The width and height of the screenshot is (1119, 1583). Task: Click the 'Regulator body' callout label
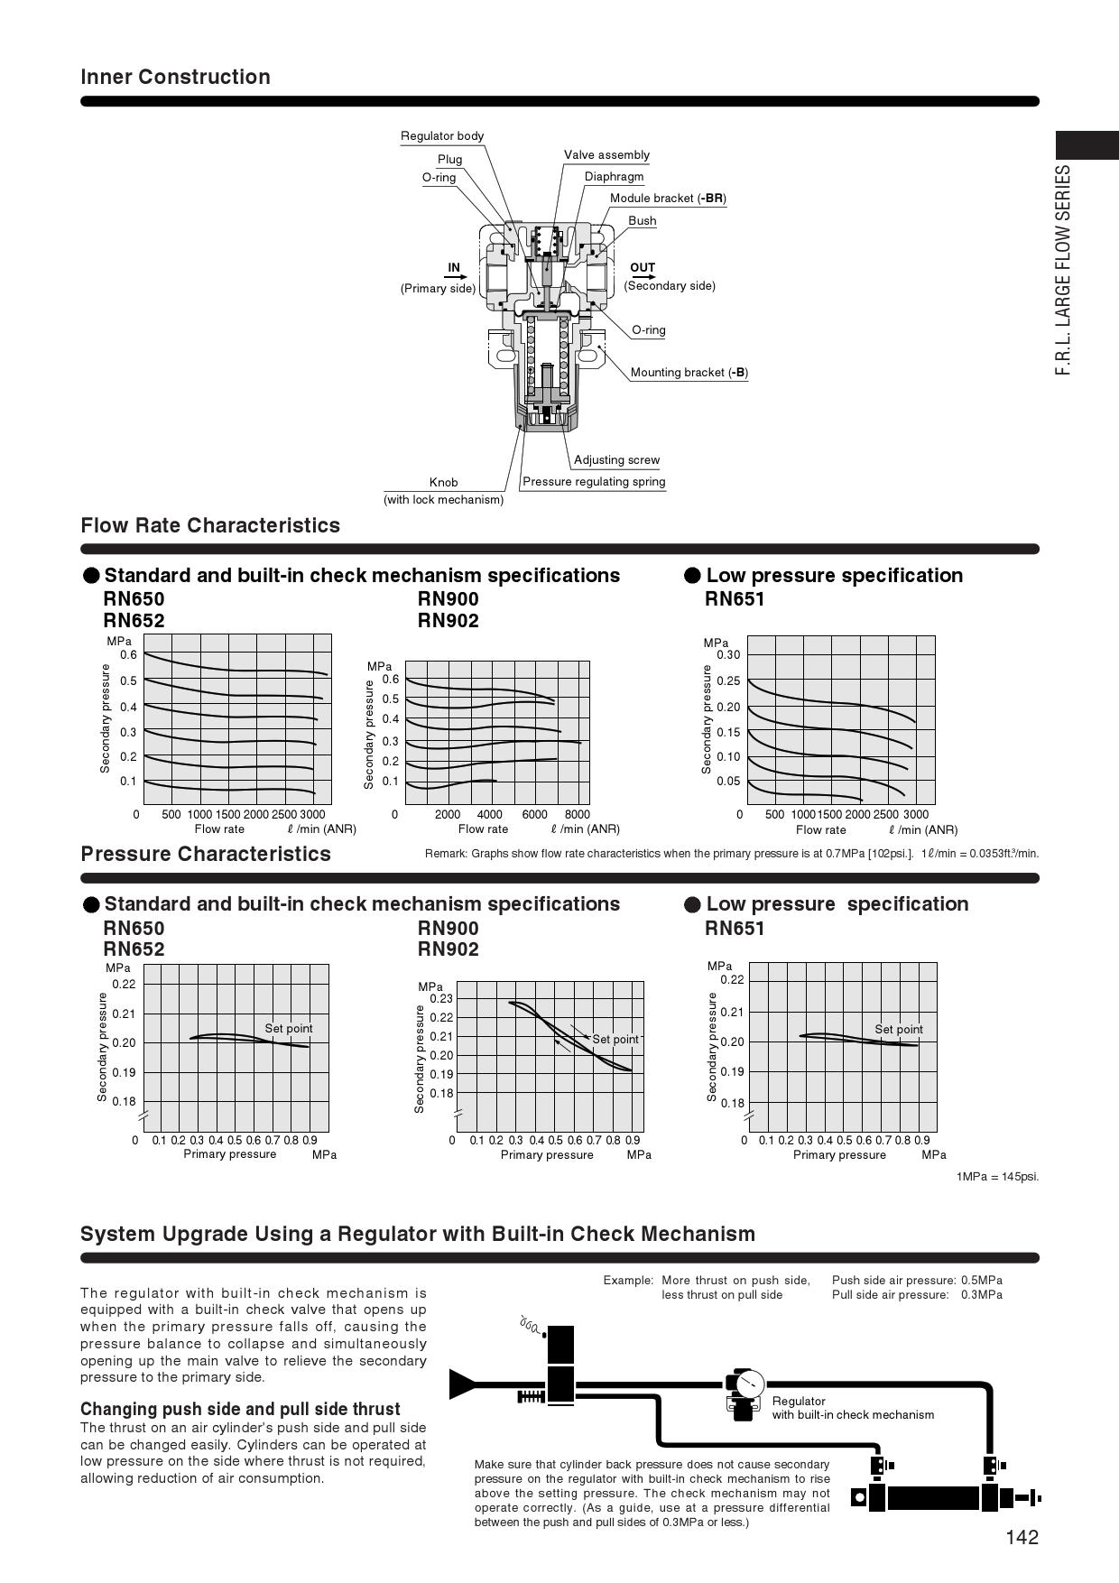[442, 136]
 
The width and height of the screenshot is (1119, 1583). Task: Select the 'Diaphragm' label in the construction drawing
[614, 177]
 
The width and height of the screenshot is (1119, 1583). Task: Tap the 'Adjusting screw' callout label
[616, 460]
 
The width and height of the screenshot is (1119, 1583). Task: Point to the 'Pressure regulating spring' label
[594, 482]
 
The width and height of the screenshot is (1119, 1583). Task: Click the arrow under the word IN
[454, 278]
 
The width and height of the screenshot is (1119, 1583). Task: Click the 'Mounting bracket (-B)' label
[689, 373]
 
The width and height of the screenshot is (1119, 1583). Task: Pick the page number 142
[1022, 1538]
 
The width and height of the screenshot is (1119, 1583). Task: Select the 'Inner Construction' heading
[175, 77]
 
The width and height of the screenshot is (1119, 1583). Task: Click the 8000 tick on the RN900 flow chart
[577, 814]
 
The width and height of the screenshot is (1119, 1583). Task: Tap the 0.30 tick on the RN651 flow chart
[728, 655]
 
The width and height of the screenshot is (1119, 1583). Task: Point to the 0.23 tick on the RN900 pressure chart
[441, 999]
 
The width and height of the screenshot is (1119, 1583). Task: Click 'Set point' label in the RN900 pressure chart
[615, 1040]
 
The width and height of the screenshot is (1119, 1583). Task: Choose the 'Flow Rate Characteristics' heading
[210, 525]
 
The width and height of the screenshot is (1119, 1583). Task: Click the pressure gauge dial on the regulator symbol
[749, 1383]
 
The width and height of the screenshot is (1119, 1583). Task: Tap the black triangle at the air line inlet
[462, 1384]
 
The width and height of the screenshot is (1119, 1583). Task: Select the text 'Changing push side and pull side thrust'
[240, 1409]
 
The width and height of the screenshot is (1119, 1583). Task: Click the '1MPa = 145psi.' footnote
[997, 1177]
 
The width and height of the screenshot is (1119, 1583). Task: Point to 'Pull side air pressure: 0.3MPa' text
[917, 1295]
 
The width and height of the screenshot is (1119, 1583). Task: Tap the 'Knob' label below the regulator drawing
[443, 483]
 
